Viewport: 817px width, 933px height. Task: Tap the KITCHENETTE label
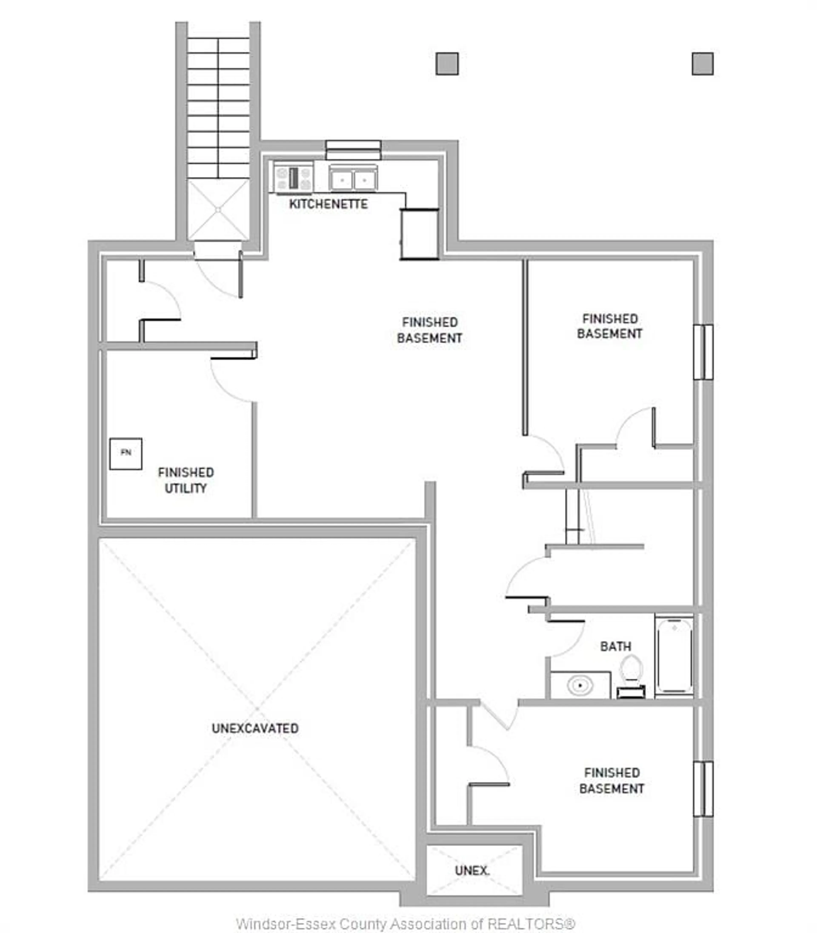[x=328, y=204]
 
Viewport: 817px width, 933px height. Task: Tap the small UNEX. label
[x=472, y=871]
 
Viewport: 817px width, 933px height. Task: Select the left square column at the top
[x=447, y=64]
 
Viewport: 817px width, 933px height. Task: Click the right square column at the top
[x=703, y=64]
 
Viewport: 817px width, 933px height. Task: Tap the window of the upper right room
[x=703, y=352]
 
